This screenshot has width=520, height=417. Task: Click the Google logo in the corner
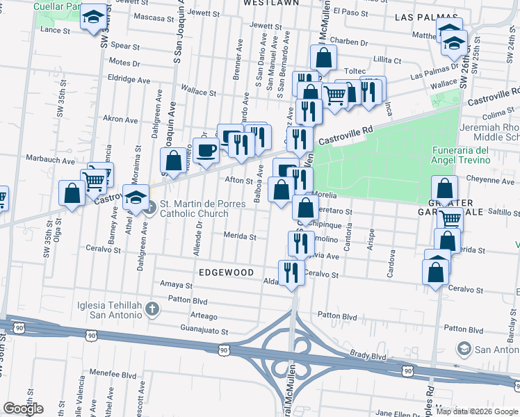23,409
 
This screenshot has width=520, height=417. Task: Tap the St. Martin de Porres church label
194,208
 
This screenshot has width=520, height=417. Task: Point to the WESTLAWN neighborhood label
271,3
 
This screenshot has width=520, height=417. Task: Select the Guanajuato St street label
204,332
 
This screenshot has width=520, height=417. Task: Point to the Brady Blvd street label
368,355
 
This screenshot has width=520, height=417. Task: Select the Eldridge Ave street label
129,80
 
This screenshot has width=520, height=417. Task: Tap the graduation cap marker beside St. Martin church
136,197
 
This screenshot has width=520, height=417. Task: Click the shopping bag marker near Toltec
324,58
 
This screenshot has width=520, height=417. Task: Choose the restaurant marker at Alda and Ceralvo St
290,272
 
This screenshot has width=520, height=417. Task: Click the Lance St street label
56,30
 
